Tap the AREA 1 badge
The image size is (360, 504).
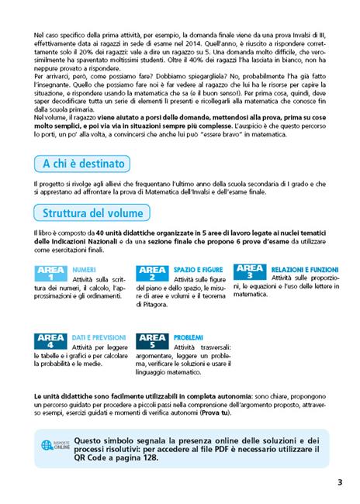click(x=51, y=273)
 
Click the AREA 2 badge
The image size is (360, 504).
click(x=152, y=273)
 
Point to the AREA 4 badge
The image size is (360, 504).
click(x=51, y=342)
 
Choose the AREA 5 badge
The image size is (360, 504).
click(x=152, y=342)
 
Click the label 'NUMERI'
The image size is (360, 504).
click(x=84, y=268)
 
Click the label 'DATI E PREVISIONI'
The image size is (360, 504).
click(x=98, y=338)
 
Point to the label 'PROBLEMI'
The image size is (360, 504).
click(x=189, y=338)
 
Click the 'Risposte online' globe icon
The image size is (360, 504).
click(x=47, y=446)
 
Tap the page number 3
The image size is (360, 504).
click(x=340, y=483)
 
